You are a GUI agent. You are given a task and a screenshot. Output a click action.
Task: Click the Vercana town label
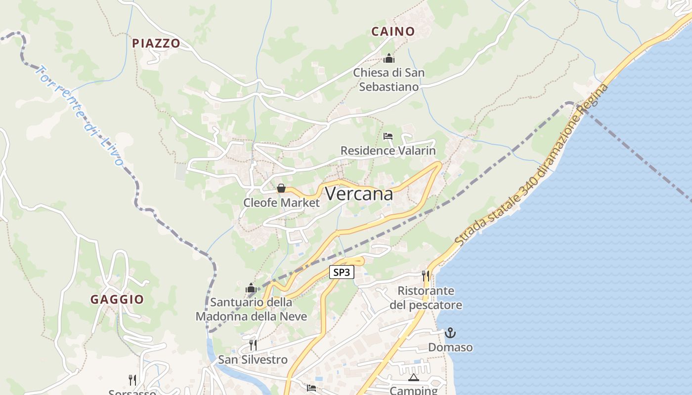point(359,194)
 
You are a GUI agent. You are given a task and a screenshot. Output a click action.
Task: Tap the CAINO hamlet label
point(393,32)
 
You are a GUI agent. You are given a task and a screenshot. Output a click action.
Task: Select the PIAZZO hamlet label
point(156,43)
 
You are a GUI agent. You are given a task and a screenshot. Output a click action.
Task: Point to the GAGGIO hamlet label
point(117,299)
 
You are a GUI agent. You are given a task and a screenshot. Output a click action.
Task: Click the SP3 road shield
point(342,272)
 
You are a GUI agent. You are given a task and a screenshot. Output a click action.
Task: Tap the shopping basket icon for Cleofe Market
point(281,188)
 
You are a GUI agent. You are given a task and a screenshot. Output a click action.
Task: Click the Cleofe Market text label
point(281,203)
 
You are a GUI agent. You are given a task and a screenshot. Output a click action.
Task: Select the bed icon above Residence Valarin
point(388,136)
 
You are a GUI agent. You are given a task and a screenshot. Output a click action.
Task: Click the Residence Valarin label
point(388,151)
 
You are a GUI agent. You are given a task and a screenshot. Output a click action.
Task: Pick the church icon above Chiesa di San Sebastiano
point(389,59)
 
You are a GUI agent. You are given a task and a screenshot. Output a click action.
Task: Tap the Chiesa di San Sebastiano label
point(389,79)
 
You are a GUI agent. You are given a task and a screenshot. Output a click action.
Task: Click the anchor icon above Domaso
point(450,333)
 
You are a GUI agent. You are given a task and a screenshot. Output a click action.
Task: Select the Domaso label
point(450,347)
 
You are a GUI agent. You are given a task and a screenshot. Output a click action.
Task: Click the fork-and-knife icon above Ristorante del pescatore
point(426,276)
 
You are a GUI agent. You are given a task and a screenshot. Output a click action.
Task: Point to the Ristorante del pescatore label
point(426,298)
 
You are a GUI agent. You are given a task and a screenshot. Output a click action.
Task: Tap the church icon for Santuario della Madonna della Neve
point(251,288)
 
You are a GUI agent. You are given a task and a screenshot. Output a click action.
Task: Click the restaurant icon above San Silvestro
point(253,345)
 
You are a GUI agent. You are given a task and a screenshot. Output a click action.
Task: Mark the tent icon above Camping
point(414,378)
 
